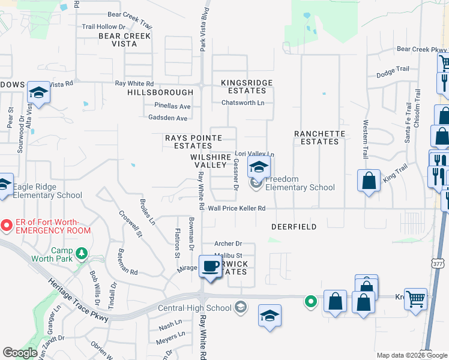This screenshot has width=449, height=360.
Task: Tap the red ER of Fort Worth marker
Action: (x=7, y=226)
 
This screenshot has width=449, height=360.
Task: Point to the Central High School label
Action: (x=194, y=308)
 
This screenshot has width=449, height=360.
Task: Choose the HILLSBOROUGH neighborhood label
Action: (x=160, y=92)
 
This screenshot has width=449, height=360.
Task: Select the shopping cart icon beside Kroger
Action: (x=415, y=298)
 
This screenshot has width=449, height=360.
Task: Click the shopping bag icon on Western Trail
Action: (x=369, y=179)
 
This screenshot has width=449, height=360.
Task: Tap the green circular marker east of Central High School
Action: (x=310, y=301)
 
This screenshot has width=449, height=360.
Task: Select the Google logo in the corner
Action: (x=20, y=353)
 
